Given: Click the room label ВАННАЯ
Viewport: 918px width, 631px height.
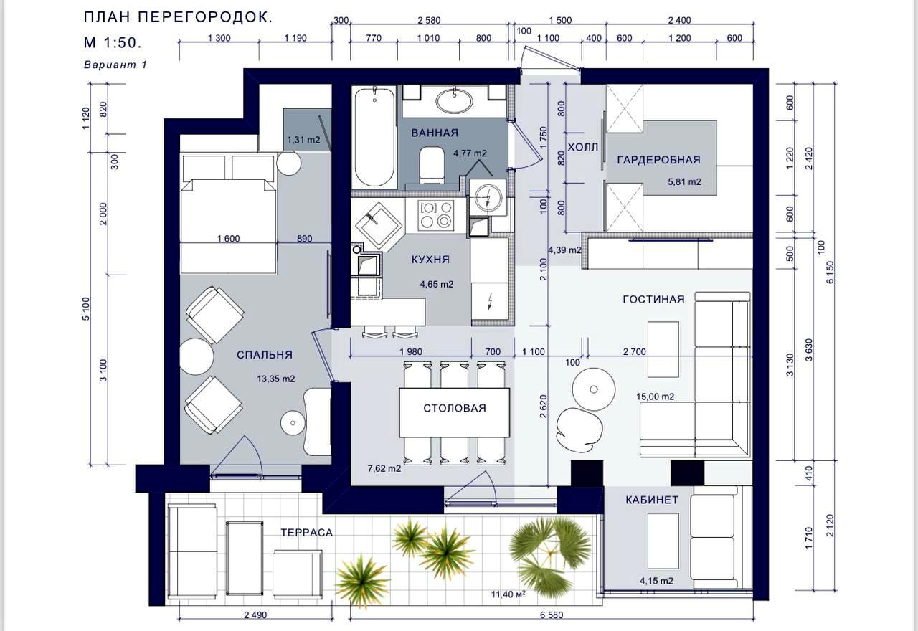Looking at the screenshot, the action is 435,133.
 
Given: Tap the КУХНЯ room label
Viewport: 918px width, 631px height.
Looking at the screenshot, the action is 430,260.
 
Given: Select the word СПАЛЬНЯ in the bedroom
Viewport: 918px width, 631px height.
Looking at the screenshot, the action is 265,355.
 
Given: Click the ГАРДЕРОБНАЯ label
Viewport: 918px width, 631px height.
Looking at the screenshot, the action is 658,160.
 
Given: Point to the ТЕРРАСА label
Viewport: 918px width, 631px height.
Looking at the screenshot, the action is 306,533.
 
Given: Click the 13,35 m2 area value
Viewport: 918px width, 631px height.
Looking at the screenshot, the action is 276,379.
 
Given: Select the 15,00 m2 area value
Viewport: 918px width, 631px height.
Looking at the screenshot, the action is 655,397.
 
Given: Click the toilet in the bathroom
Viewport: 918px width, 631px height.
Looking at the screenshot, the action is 432,165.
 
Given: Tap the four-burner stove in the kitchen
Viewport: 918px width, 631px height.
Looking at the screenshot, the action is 436,215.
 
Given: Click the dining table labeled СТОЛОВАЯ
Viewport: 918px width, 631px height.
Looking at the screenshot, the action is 455,412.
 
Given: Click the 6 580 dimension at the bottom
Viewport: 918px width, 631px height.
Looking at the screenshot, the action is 552,615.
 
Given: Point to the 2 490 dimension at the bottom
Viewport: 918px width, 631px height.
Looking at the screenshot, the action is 255,615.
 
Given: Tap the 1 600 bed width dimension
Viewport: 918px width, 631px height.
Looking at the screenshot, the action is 228,239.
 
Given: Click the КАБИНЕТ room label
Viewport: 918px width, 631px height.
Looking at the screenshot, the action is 652,500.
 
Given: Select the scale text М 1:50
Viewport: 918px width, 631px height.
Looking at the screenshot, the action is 113,42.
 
